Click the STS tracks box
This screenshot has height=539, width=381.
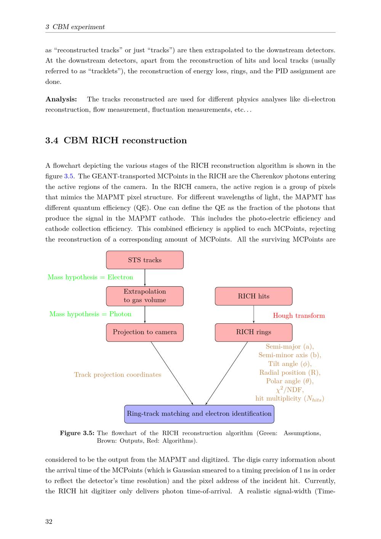point(145,260)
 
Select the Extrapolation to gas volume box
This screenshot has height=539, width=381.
point(145,296)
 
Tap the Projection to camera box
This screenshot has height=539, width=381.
point(145,332)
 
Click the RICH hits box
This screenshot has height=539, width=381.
point(253,296)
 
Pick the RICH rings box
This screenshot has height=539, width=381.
point(253,332)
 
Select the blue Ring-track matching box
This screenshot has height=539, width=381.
point(199,414)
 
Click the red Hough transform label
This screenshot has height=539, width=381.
point(299,316)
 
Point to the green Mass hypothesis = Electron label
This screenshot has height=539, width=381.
point(90,277)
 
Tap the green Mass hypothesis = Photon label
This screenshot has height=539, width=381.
point(90,314)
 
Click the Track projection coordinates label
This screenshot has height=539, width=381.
point(117,375)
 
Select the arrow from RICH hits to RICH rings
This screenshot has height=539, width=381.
point(254,314)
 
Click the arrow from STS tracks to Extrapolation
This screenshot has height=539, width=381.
point(145,278)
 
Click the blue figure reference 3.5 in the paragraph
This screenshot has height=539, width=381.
point(69,176)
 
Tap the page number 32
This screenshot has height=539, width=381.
point(49,521)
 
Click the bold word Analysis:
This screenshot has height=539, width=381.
point(61,99)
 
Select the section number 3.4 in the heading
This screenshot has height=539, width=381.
point(52,140)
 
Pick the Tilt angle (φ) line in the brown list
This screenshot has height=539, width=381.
point(290,364)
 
